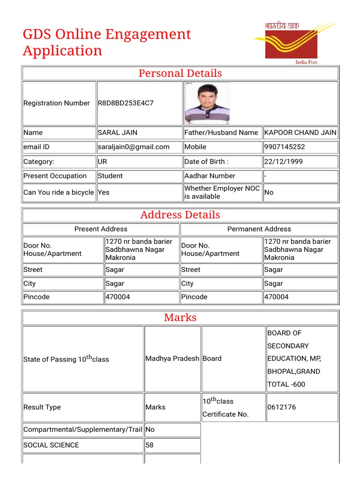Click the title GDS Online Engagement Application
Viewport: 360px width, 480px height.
coord(107,42)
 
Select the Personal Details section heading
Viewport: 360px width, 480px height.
coord(180,73)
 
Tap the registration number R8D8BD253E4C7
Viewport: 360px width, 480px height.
coord(125,103)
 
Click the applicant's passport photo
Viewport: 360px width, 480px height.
coord(207,103)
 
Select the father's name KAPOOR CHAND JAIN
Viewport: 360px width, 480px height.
coord(300,133)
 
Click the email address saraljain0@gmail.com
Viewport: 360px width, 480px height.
coord(134,147)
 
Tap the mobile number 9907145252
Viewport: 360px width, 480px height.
coord(285,147)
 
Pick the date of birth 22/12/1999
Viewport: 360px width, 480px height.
coord(284,162)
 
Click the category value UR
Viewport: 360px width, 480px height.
coord(103,162)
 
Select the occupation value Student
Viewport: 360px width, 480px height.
coord(110,176)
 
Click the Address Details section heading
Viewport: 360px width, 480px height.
coord(180,215)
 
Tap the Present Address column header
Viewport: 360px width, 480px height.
coord(101,229)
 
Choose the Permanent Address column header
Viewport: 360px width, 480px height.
coord(259,229)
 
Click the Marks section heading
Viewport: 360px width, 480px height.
coord(180,318)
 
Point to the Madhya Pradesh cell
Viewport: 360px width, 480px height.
coord(172,359)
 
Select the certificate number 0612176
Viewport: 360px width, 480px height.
coord(281,407)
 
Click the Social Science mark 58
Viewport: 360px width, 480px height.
coord(150,445)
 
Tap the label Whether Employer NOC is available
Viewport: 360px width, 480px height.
coord(222,193)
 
